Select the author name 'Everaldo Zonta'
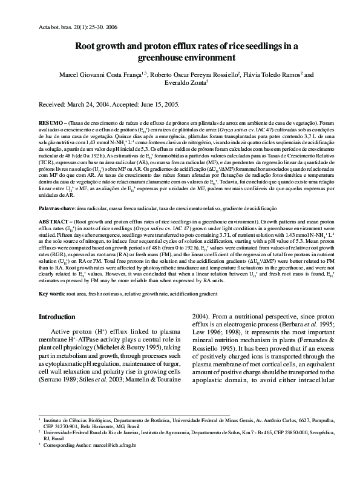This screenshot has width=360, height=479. point(180,85)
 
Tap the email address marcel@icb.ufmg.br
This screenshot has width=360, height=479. point(114,461)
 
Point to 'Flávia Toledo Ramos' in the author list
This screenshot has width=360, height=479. point(275,75)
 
